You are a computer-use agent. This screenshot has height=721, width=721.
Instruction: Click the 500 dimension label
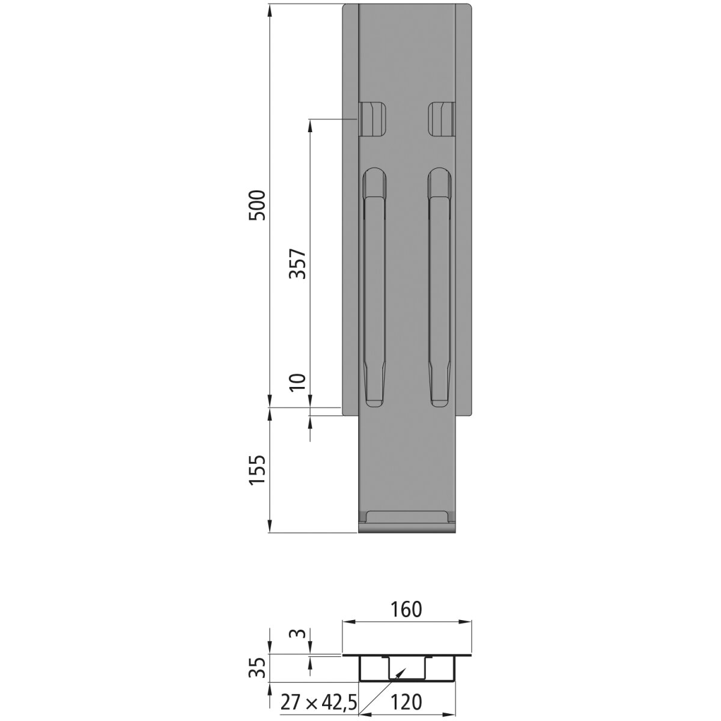(258, 205)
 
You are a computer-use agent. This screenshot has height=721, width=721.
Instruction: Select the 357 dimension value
(299, 264)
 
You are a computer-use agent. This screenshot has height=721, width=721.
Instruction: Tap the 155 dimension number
(258, 470)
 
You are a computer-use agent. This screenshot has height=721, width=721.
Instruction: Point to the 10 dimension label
(299, 382)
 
